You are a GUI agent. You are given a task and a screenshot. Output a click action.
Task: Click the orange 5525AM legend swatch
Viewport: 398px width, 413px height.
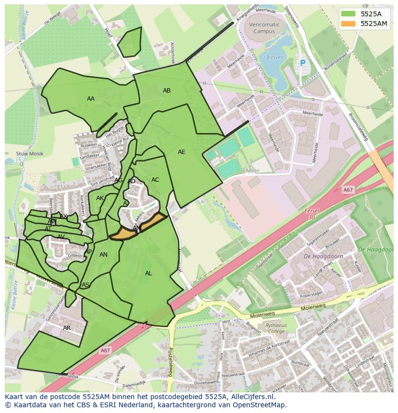point(349,24)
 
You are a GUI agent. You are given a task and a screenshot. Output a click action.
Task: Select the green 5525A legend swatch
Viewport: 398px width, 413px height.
point(349,14)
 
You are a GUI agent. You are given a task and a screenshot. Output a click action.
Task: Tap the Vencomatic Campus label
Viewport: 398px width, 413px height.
point(264,28)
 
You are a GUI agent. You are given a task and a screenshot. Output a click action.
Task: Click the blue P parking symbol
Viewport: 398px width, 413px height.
point(302,63)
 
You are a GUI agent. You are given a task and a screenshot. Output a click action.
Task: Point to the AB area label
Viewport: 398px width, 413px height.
point(167,91)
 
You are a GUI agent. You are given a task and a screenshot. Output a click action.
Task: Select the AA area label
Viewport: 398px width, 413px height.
point(91,99)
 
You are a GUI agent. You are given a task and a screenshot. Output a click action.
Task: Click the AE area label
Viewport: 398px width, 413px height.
point(181,152)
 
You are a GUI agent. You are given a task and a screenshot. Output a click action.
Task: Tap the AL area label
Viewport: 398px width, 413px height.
point(149,273)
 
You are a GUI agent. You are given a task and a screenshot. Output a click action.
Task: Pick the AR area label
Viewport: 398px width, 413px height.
point(67,328)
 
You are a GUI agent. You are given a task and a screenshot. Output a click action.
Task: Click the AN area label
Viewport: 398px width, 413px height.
point(103,255)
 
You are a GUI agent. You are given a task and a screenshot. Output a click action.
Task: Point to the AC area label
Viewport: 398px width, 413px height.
point(155,180)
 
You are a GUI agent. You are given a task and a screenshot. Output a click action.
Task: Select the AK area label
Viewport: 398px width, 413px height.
point(100,198)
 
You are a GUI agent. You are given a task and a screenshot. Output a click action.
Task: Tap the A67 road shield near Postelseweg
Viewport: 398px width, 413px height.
point(105,351)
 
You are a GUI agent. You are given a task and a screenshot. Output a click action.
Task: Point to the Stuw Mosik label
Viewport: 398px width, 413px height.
point(29,154)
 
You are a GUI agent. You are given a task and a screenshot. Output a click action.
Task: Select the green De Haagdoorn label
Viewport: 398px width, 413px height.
point(376,250)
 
